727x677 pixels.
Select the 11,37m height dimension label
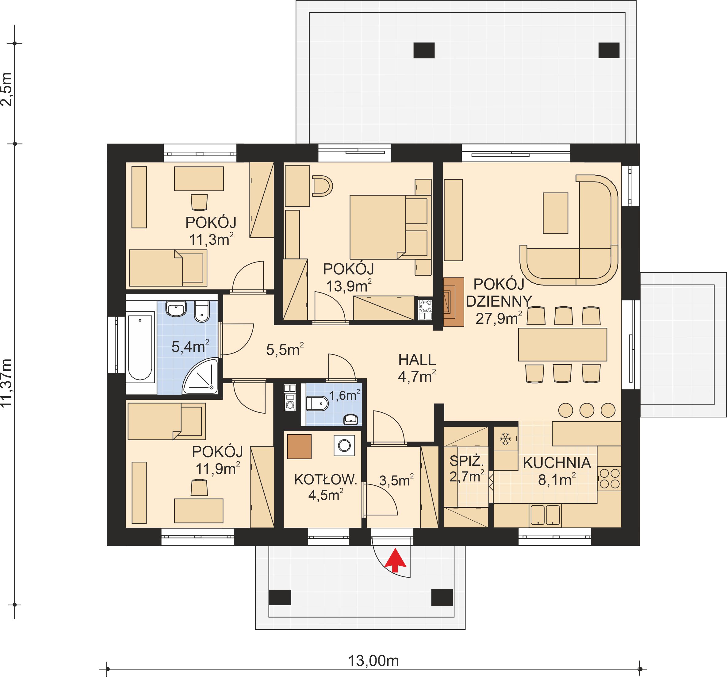pos(7,383)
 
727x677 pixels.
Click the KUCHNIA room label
pos(557,463)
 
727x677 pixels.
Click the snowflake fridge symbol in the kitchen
pos(505,439)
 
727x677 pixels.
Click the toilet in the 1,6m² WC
pos(316,404)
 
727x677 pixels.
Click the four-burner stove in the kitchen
pos(610,478)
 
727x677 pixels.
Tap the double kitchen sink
pos(545,515)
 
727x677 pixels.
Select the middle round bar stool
pos(587,410)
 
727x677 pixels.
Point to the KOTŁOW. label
pos(325,480)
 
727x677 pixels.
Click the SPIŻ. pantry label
pos(466,461)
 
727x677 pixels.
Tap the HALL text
pos(417,360)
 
